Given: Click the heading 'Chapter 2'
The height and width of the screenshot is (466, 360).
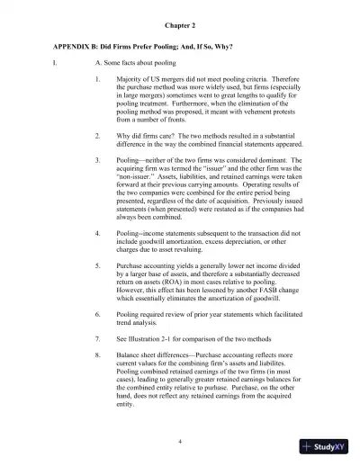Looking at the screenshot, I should point(180,27).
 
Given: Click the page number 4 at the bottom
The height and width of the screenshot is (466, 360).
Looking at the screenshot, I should point(180,442).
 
